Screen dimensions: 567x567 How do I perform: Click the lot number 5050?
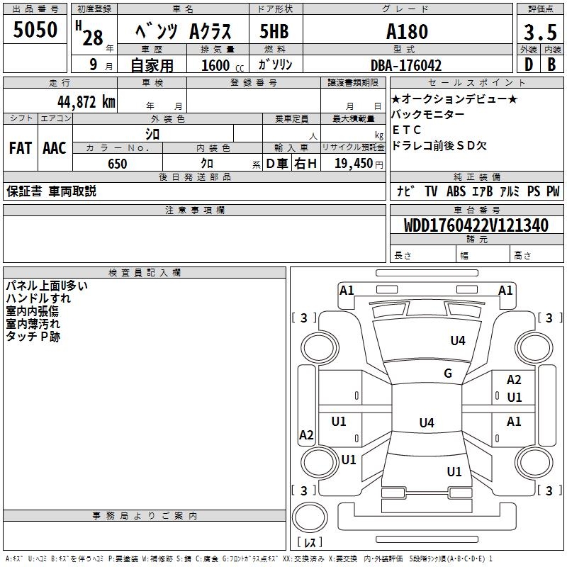point(35,30)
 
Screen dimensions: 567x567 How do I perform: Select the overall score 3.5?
point(539,33)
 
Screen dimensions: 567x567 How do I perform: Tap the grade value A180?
point(407,32)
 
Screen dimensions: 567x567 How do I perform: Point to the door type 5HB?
point(274,33)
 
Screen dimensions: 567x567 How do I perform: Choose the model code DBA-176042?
point(406,65)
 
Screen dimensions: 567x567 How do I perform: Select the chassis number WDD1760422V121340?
point(476,225)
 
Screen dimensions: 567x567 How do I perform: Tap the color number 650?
point(117,164)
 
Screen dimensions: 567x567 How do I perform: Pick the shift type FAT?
point(20,148)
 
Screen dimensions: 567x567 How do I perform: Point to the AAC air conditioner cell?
point(54,148)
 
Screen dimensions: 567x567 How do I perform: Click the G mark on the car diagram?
point(448,374)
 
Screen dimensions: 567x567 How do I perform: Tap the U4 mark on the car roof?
point(426,423)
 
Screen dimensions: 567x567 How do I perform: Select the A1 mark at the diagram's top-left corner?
point(347,290)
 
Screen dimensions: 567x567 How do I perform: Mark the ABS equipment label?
point(456,191)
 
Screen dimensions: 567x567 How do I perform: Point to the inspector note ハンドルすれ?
point(38,298)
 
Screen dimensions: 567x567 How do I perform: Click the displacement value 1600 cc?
point(220,65)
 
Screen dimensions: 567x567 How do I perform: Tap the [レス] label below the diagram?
point(309,542)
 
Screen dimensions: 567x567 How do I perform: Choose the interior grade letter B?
point(551,65)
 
